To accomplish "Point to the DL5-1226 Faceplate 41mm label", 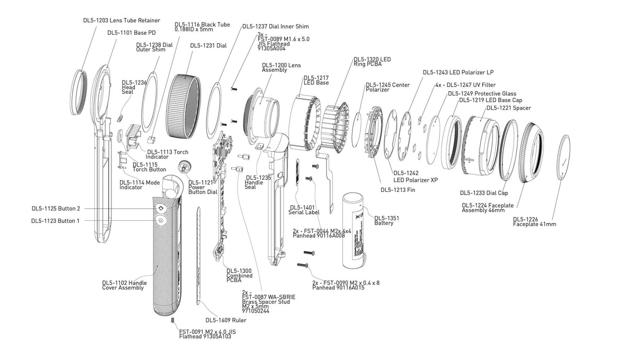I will [534, 221].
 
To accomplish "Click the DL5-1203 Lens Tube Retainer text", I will [121, 20].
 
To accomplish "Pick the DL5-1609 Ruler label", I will [226, 321].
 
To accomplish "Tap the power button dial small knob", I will [184, 166].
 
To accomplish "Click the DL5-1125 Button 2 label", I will [55, 209].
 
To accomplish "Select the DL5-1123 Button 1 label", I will [55, 220].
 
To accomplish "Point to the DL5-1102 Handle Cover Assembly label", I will [124, 285].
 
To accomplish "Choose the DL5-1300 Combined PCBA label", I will [239, 275].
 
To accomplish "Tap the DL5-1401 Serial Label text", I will [305, 210].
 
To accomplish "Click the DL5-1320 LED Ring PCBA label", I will [372, 61].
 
